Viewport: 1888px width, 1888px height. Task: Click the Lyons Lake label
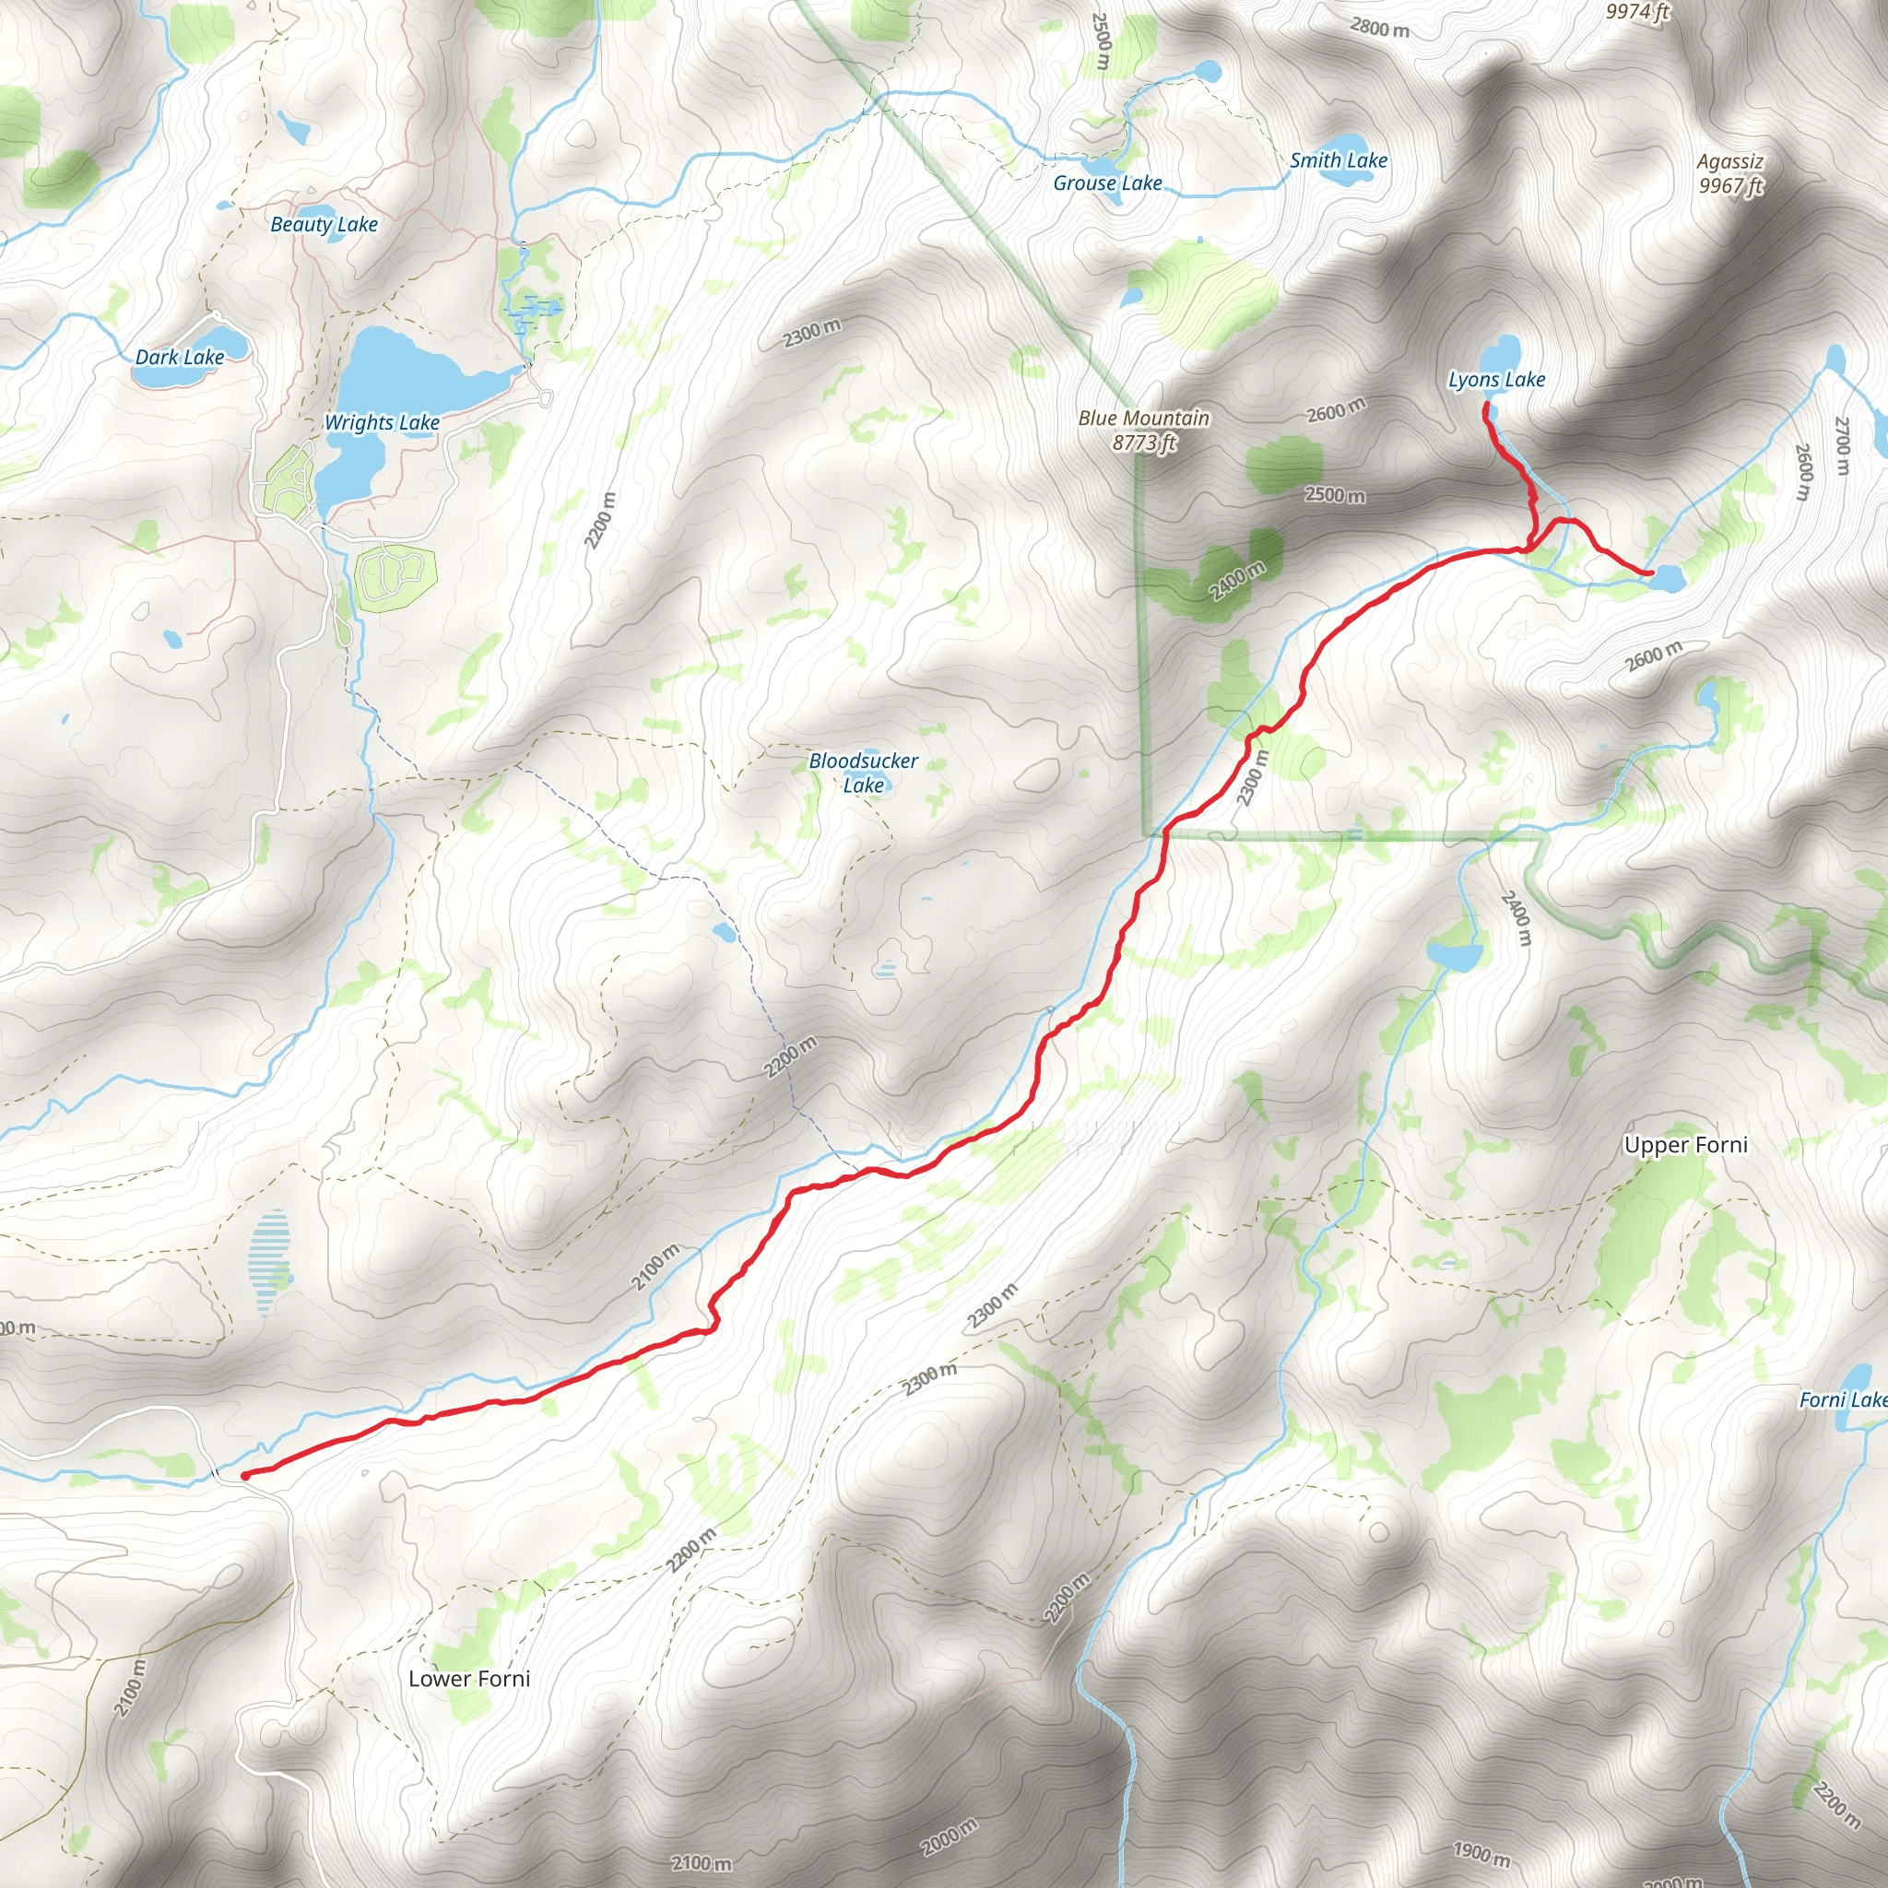pos(1496,379)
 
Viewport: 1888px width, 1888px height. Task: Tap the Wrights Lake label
pos(381,422)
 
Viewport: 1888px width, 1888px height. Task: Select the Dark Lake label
pos(180,357)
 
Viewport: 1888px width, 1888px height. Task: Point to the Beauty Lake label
pos(324,224)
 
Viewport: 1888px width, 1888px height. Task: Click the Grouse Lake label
pos(1107,183)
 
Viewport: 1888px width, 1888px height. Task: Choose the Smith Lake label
pos(1338,160)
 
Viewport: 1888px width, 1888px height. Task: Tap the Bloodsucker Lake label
pos(863,772)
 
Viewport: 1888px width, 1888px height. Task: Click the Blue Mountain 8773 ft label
pos(1143,430)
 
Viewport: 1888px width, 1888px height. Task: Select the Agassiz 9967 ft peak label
pos(1729,173)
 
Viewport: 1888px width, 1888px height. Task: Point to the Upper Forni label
pos(1686,1144)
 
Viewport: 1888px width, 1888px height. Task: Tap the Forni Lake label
pos(1842,1399)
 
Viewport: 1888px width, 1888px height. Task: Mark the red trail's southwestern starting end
pos(243,1474)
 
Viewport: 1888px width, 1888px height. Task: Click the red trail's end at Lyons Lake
pos(1485,404)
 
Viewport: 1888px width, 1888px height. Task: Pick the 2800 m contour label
pos(1380,28)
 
